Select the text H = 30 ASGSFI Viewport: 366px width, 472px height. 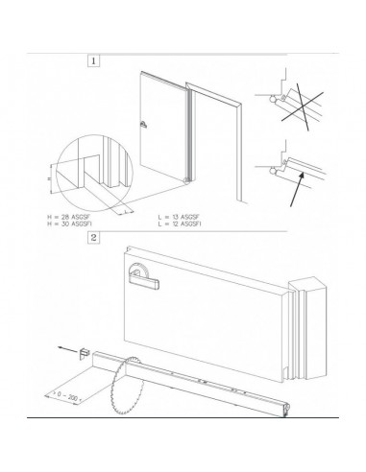click(x=72, y=225)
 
